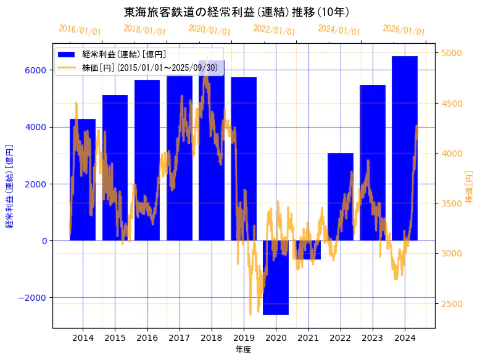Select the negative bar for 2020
coord(276,277)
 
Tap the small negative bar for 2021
coord(308,250)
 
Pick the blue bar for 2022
coord(340,197)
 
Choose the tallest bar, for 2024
coord(404,148)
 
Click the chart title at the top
coord(237,12)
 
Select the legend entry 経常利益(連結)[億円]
coord(123,54)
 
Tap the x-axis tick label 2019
coord(244,338)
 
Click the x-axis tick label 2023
coord(372,338)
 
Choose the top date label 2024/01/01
coord(339,30)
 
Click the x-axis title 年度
coord(243,350)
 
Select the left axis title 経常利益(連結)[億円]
coord(10,186)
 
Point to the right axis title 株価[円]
coord(469,188)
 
